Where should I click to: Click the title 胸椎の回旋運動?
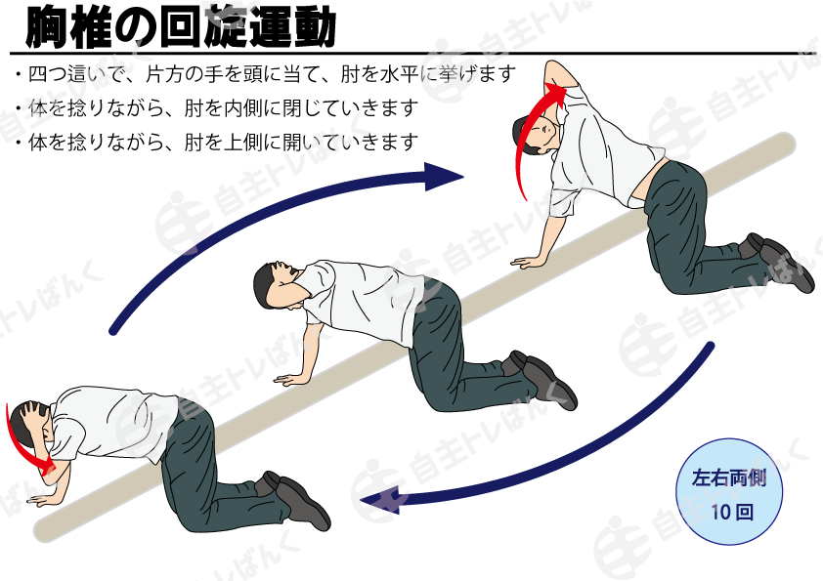pos(180,26)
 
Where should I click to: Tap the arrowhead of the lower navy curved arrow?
pos(379,499)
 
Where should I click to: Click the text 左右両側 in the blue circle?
pos(729,477)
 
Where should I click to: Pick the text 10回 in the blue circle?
pos(732,512)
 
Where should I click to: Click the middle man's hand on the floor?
pos(290,378)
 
